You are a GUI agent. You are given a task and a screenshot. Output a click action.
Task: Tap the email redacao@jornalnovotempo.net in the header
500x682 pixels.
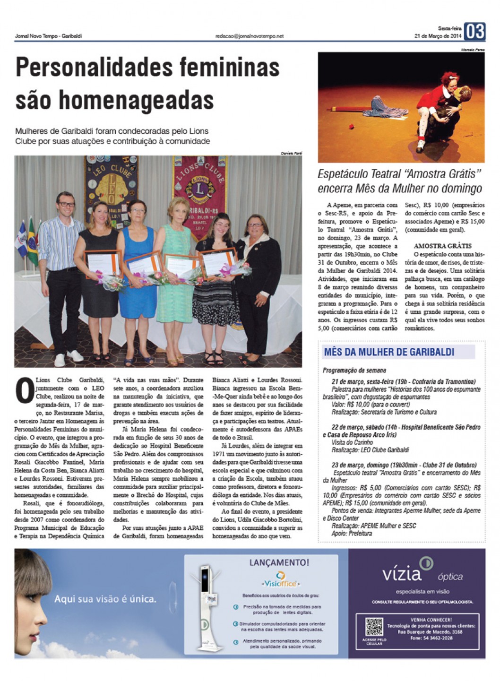click(x=249, y=36)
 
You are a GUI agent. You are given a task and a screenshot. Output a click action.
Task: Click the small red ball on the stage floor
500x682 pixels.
click(x=351, y=126)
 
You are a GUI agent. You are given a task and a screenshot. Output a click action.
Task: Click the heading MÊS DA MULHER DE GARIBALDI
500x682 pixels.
click(x=389, y=352)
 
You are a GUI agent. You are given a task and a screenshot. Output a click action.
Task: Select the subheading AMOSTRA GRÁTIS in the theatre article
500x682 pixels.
click(x=442, y=246)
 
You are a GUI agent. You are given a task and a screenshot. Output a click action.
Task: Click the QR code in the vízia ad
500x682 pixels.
click(x=374, y=627)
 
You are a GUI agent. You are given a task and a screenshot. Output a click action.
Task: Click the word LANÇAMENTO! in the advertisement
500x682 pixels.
click(x=279, y=562)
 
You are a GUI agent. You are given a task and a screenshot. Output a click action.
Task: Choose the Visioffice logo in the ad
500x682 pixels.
click(x=281, y=580)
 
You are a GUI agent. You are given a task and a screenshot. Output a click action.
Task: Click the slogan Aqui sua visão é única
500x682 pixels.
click(x=105, y=599)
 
